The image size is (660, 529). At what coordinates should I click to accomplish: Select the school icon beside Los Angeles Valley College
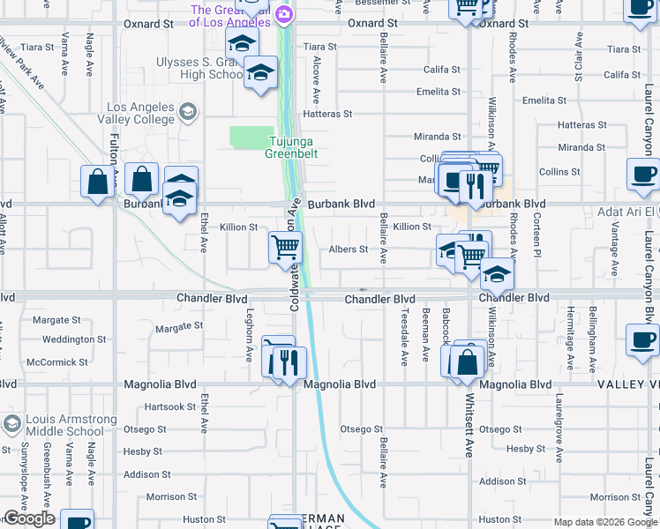click(x=187, y=111)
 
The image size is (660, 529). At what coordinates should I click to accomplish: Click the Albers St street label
click(x=348, y=250)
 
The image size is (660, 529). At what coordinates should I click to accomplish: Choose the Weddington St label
click(x=74, y=339)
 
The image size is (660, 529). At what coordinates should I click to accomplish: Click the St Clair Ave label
click(x=579, y=57)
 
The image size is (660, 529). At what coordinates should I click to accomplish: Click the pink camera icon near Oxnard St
click(x=284, y=14)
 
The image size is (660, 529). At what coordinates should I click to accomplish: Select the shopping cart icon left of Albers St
click(x=285, y=248)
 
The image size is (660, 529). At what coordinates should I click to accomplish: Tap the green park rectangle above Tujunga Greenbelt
click(x=251, y=137)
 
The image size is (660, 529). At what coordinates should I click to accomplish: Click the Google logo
click(x=29, y=519)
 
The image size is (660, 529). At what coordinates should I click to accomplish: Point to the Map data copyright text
click(x=605, y=523)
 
